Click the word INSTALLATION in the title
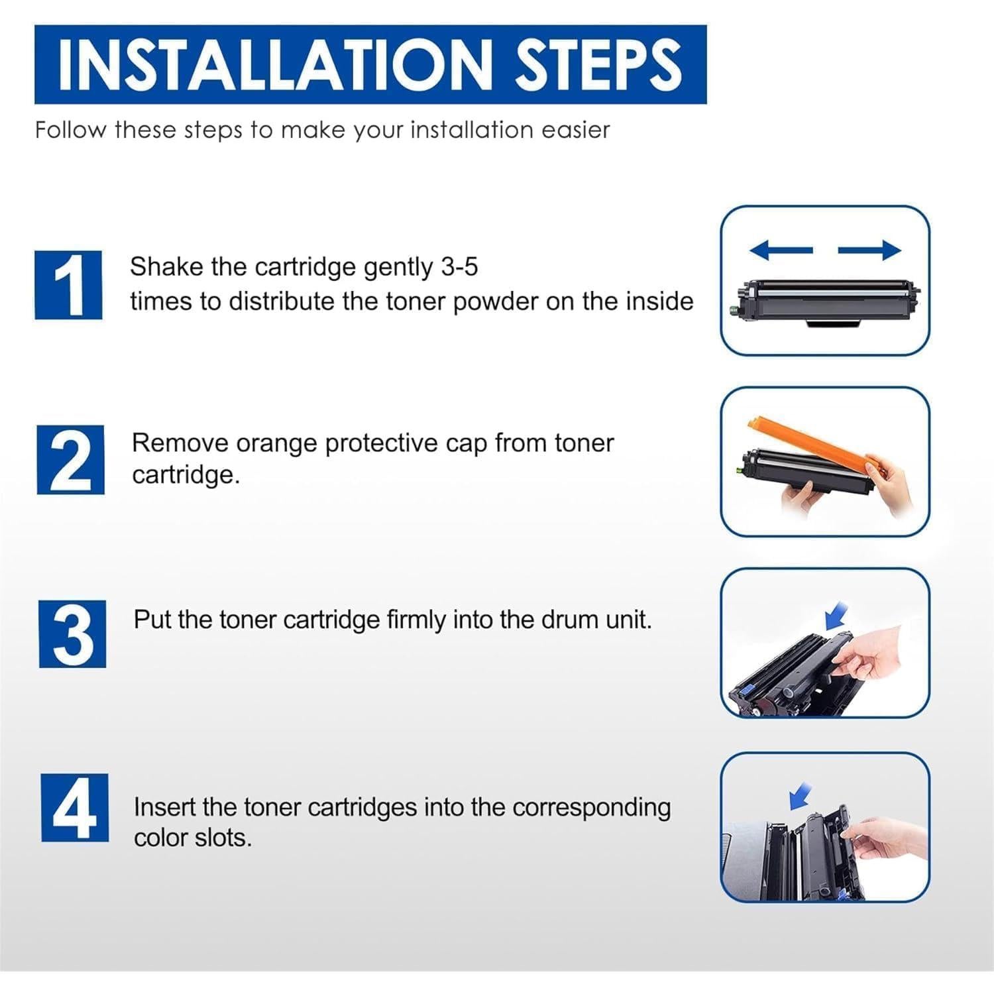pos(275,64)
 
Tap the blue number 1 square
pos(69,284)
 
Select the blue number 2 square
pos(70,459)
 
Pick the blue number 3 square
pos(73,634)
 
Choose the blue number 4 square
pos(75,807)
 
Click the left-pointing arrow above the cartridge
pos(781,250)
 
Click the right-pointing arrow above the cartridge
pos(869,250)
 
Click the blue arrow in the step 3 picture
pos(836,616)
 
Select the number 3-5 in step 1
pos(459,266)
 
